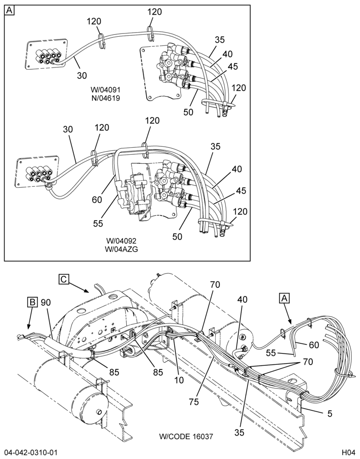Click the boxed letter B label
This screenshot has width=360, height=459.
[33, 302]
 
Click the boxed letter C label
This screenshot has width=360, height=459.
[63, 279]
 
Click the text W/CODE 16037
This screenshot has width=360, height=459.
[186, 437]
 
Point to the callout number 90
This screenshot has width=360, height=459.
[46, 302]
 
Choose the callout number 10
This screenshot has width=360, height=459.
[179, 380]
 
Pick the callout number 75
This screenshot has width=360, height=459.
[194, 402]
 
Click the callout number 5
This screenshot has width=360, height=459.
[330, 414]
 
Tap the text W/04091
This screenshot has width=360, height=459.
[105, 89]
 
